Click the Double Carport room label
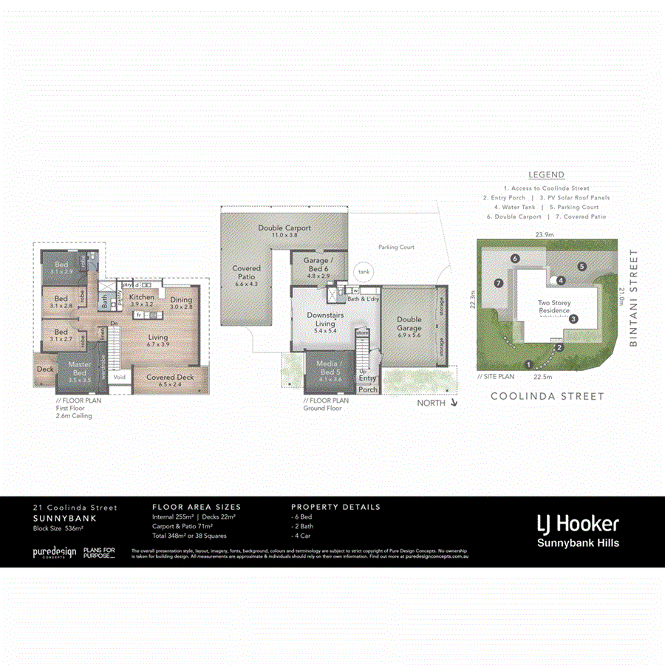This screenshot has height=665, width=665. (x=284, y=228)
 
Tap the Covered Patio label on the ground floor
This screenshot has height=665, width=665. (x=247, y=273)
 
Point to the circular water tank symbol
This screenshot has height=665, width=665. (x=364, y=271)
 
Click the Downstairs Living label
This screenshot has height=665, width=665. (x=326, y=319)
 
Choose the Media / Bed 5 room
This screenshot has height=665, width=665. (x=328, y=367)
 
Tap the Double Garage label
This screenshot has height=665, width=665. (x=409, y=324)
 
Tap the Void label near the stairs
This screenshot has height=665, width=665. (x=120, y=378)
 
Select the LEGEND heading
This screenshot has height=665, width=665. (x=546, y=175)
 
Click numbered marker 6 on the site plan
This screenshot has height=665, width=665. (x=515, y=258)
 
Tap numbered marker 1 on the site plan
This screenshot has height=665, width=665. (x=528, y=364)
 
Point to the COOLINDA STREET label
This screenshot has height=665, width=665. (x=548, y=397)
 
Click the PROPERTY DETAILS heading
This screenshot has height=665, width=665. (x=335, y=507)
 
